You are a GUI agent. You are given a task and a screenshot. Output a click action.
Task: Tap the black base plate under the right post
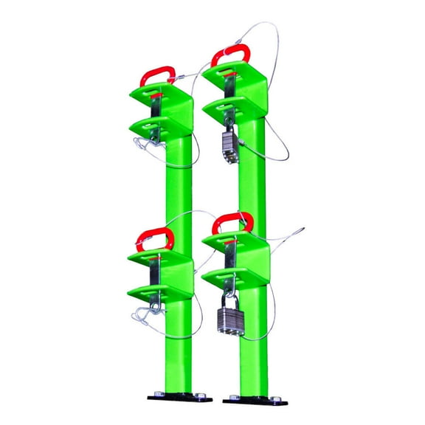pos(254,399)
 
